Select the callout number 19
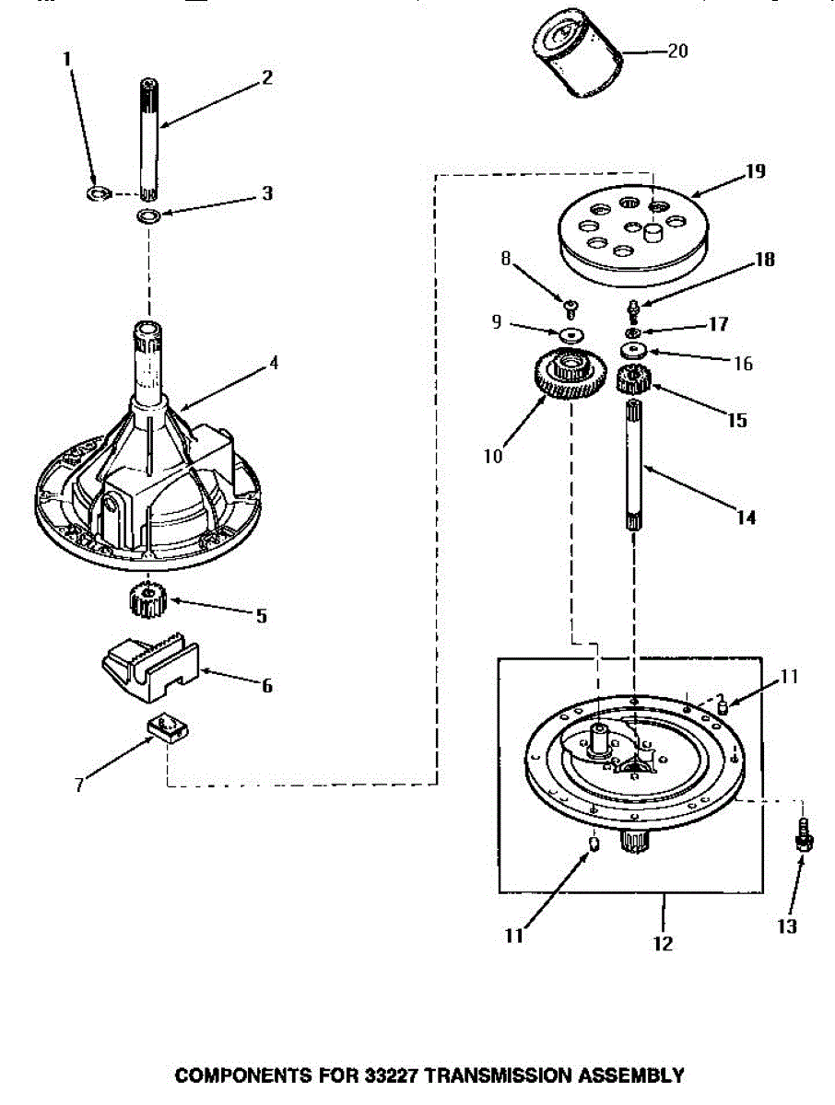coord(756,171)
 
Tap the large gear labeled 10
coord(565,378)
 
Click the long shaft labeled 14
coord(636,460)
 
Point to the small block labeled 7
coord(166,729)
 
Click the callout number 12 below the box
coord(663,943)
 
